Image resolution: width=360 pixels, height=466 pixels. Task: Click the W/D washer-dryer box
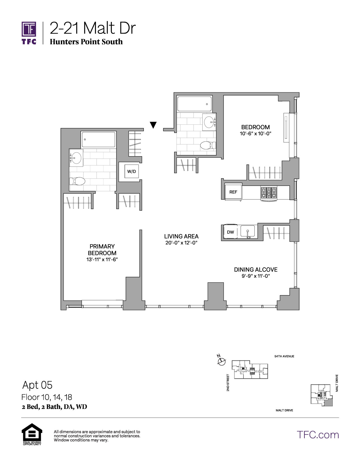coord(132,171)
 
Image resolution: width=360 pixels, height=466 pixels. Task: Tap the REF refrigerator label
coord(233,192)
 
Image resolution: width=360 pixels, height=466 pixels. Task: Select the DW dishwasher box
coord(231,232)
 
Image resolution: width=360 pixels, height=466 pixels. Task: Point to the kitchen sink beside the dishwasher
coord(248,232)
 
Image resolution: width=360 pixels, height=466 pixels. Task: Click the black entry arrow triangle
coord(153,125)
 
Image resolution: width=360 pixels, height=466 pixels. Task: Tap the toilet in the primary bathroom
coord(77,181)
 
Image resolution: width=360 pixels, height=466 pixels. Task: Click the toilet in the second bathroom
coord(208,145)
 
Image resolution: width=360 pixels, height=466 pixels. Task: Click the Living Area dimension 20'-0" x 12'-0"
coord(181,243)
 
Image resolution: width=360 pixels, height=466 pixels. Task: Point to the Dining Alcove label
coord(256,269)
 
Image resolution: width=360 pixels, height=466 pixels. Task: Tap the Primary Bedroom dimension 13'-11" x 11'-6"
coord(102,259)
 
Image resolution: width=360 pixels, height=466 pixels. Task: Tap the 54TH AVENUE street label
coord(284,356)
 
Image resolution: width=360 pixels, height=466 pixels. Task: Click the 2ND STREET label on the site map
coord(228,382)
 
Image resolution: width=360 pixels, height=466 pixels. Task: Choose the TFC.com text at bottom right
coord(318,435)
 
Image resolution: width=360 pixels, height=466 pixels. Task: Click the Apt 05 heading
coord(37,385)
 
